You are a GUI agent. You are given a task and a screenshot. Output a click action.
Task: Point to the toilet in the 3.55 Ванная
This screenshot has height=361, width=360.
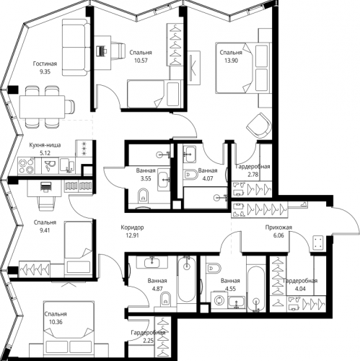[x=144, y=193]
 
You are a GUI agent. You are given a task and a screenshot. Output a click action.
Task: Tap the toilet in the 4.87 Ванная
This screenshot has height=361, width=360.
[x=164, y=296]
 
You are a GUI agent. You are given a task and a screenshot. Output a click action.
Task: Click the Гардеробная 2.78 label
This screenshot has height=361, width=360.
[x=252, y=170]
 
